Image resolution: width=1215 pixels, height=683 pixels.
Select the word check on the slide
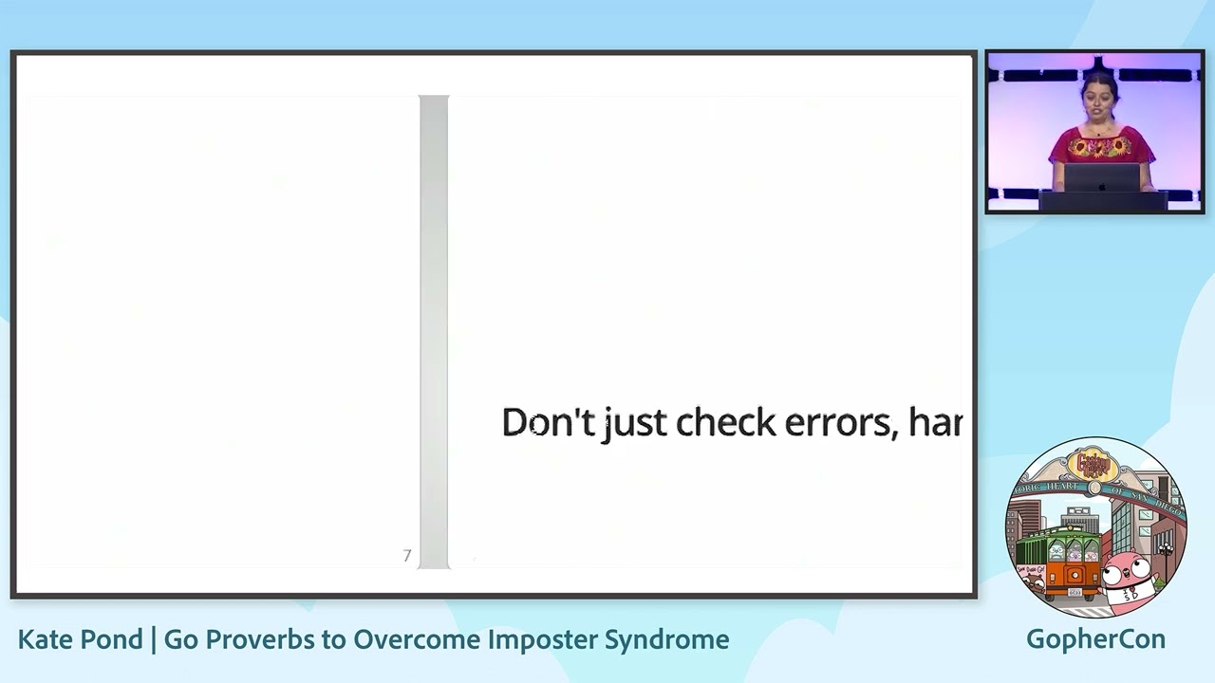click(725, 423)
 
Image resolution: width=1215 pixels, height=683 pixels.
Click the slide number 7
click(407, 556)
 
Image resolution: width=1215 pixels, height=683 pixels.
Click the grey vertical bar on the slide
click(434, 332)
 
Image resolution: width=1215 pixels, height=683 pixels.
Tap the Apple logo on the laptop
click(1101, 184)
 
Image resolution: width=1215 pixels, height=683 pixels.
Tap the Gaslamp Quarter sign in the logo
click(1093, 464)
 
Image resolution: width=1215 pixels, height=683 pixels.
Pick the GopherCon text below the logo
click(1095, 639)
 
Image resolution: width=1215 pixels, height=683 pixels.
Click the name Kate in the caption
click(45, 639)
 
